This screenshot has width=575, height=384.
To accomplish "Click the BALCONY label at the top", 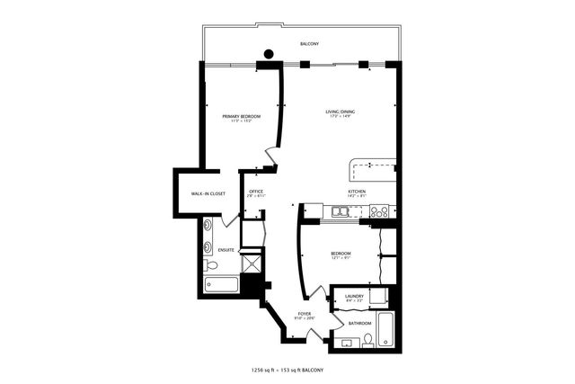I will [309, 43].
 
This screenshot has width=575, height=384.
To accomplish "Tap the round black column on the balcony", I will [267, 53].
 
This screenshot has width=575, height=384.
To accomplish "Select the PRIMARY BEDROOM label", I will [242, 117].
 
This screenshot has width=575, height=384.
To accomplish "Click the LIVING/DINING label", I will [341, 112].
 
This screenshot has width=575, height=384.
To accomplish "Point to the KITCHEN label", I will [358, 192].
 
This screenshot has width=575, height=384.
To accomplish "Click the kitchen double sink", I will [341, 212].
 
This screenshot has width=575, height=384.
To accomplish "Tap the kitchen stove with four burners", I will [379, 212].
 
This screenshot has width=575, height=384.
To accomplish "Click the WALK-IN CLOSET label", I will [208, 194].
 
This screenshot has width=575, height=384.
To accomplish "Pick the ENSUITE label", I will [226, 250].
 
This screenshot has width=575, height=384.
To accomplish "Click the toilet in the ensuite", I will [211, 265].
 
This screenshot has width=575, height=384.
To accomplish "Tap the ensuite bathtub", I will [221, 285].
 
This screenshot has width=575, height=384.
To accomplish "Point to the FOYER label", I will [305, 314].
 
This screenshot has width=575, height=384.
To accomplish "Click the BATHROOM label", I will [360, 323].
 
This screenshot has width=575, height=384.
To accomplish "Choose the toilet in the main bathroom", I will [368, 339].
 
